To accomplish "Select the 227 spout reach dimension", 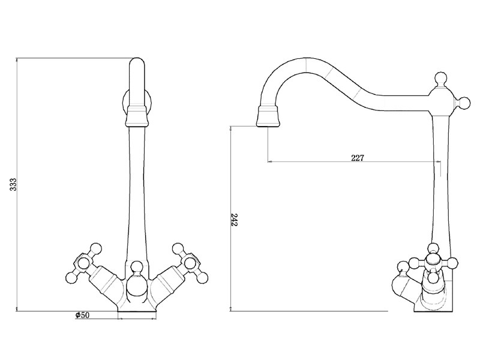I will tap(358, 158).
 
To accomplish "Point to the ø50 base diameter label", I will tap(82, 316).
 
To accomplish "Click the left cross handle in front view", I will tap(82, 262).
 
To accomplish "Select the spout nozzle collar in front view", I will tap(137, 115).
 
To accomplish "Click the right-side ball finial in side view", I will tap(464, 104).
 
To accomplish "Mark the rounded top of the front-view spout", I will tap(137, 62).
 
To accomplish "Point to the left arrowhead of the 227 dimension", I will tap(269, 161).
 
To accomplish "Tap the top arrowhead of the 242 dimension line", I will tap(231, 127).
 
